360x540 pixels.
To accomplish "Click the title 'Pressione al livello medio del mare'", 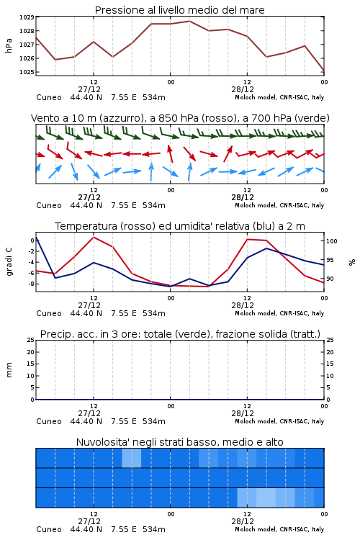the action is [x=179, y=10].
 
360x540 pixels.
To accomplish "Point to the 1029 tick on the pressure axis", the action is [x=27, y=17].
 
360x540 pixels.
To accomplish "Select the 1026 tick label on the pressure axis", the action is [x=27, y=58].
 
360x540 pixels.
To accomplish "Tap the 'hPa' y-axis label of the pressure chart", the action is [x=9, y=45].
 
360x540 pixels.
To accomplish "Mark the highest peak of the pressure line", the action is [x=189, y=21].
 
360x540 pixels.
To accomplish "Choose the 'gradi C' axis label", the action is [x=9, y=262].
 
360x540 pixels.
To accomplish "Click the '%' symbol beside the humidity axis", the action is [x=352, y=262].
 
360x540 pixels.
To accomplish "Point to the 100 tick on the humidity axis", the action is [x=331, y=241].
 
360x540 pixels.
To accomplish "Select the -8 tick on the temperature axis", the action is [x=31, y=284].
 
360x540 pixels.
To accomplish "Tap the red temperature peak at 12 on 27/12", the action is [x=94, y=237].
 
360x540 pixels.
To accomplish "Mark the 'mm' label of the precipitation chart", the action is [x=9, y=369].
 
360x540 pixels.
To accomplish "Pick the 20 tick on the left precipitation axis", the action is [x=30, y=352].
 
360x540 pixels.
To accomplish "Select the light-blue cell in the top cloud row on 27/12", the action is [x=132, y=458].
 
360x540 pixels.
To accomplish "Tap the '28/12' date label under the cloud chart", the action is [x=243, y=521].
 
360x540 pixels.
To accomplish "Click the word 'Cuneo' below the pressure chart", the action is [x=49, y=97].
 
